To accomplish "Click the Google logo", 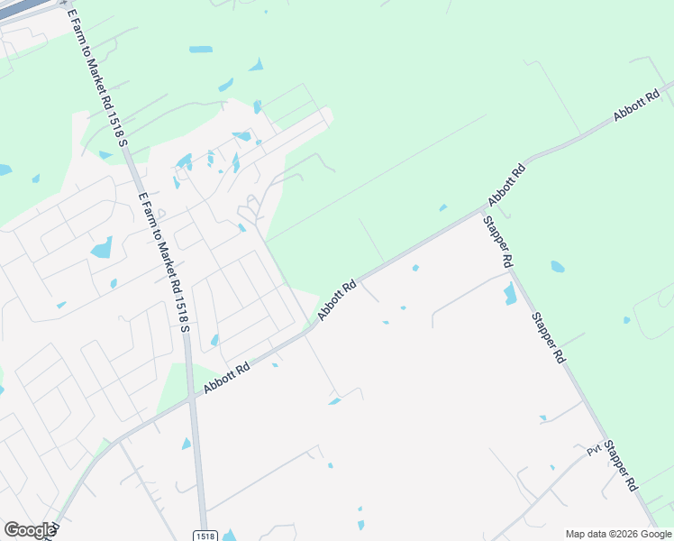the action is click(29, 530).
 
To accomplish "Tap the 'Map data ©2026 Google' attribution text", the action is click(618, 534).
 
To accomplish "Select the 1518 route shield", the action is click(205, 536).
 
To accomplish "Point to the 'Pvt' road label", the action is click(594, 450).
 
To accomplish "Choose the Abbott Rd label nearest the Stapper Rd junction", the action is click(506, 184).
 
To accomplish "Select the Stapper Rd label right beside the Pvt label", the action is click(621, 464).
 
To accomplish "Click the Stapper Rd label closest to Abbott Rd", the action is click(497, 242).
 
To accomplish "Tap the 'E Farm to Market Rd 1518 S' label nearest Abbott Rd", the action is click(164, 261).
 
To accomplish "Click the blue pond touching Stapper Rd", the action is click(510, 293).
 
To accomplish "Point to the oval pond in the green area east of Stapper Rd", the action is click(558, 267).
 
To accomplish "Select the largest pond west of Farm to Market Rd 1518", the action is click(102, 247).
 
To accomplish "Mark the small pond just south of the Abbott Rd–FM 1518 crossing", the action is click(186, 444).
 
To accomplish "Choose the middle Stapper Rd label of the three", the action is click(548, 337).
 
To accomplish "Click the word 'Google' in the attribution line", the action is click(653, 534).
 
